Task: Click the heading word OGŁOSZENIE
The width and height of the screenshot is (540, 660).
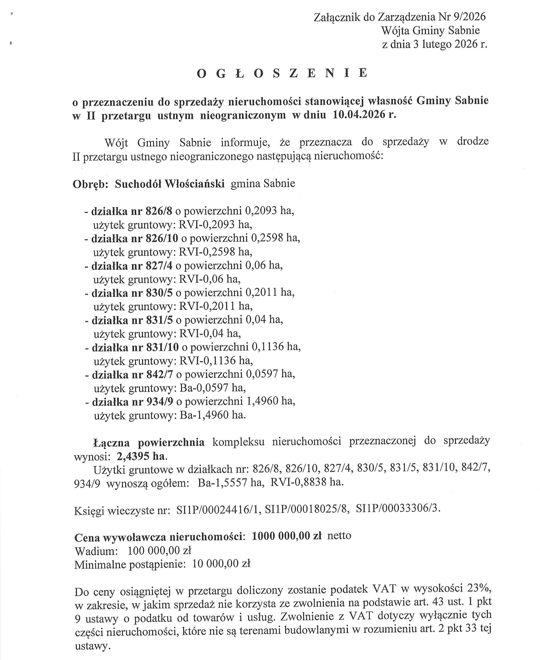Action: pyautogui.click(x=282, y=73)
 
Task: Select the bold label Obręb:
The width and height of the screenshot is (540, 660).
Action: pyautogui.click(x=90, y=184)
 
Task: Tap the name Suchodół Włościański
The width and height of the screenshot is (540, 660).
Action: pyautogui.click(x=169, y=184)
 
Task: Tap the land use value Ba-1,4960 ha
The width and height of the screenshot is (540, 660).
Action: pyautogui.click(x=213, y=415)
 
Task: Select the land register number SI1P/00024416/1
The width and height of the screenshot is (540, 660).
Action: pyautogui.click(x=219, y=510)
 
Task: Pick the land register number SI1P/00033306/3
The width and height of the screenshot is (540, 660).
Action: pyautogui.click(x=398, y=509)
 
